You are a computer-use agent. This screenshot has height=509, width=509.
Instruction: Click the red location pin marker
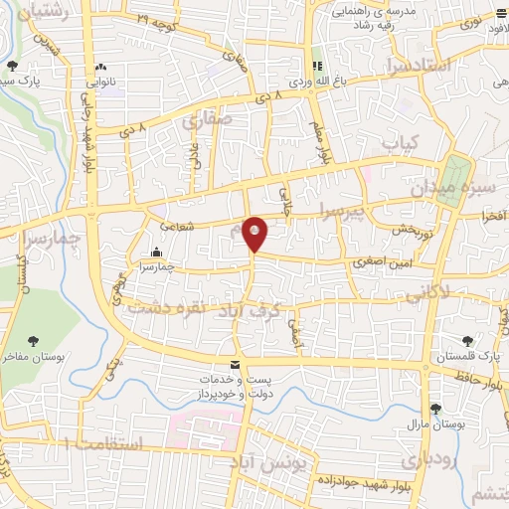(255, 234)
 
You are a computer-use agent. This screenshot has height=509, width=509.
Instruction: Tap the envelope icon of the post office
(236, 365)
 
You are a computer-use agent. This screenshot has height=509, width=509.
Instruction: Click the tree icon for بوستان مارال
(435, 409)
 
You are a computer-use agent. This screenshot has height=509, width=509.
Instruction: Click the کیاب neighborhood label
(401, 142)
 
